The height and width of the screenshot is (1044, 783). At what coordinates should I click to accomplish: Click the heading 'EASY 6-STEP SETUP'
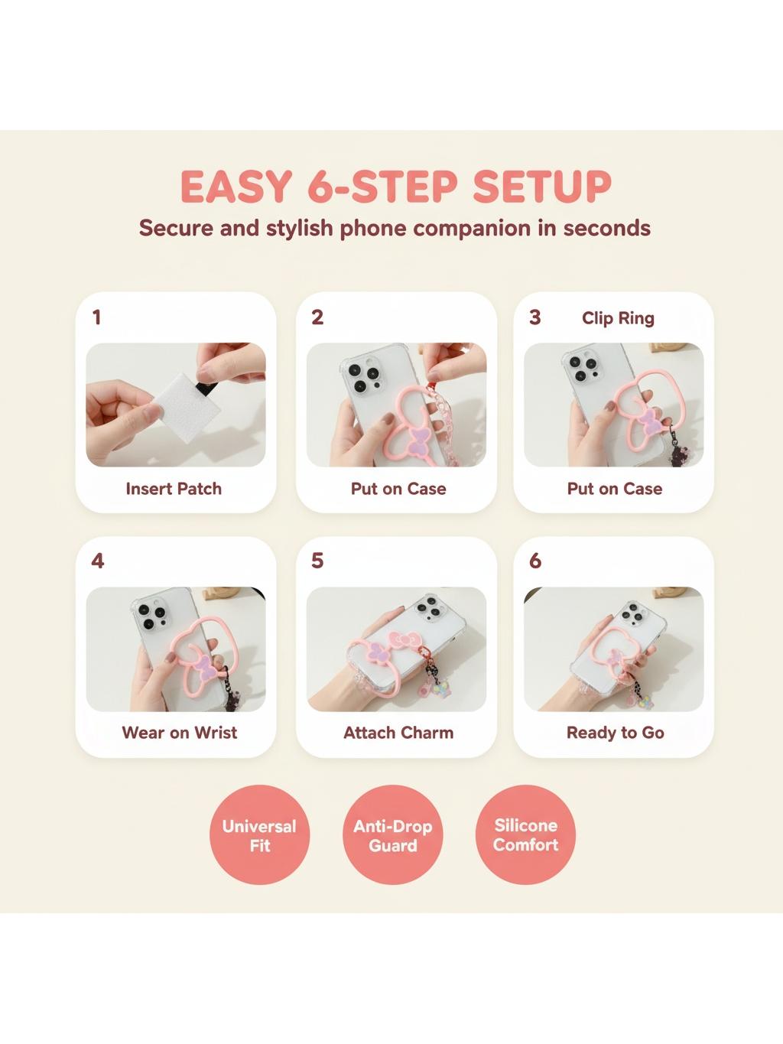tap(395, 186)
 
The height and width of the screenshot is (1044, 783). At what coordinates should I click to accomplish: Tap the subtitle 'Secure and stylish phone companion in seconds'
tap(395, 228)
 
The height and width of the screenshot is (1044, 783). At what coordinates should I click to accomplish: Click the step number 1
tap(96, 317)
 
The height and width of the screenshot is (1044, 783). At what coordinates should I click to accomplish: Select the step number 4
tap(97, 561)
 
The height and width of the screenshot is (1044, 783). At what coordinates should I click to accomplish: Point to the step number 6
tap(535, 561)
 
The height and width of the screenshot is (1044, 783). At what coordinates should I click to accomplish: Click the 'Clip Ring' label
tap(618, 318)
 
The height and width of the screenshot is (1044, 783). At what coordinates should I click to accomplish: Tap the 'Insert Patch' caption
tap(174, 489)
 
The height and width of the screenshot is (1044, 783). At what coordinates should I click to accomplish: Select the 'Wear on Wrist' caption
tap(179, 733)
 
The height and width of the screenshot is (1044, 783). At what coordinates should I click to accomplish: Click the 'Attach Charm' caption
tap(398, 733)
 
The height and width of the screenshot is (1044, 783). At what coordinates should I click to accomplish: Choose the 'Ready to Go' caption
tap(616, 733)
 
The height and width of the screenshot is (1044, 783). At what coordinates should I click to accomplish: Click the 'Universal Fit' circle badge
tap(259, 834)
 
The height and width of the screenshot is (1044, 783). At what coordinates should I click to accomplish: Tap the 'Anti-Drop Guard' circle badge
tap(393, 834)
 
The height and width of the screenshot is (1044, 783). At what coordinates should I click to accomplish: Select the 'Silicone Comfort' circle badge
tap(525, 834)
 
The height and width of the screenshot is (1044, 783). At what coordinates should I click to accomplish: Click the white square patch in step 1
tap(188, 407)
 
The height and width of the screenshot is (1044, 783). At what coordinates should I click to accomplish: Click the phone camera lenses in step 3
tap(583, 369)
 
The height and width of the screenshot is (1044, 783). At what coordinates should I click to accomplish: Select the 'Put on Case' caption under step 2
tap(398, 489)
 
